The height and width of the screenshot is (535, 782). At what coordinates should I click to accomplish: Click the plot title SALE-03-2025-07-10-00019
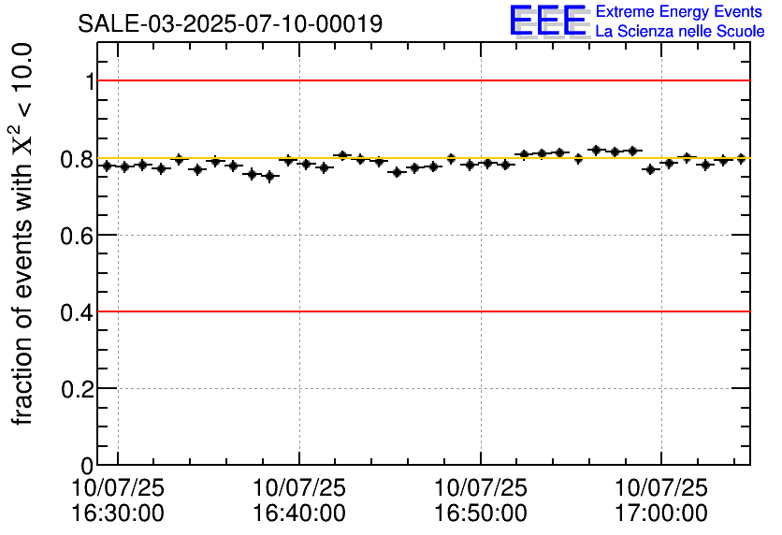click(x=230, y=24)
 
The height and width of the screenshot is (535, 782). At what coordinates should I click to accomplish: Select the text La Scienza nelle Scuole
click(x=680, y=31)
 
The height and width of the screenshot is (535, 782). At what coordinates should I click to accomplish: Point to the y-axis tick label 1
click(x=90, y=81)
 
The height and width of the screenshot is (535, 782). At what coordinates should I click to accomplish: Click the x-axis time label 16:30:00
click(x=118, y=513)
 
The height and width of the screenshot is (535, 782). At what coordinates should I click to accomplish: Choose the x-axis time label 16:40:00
click(x=299, y=513)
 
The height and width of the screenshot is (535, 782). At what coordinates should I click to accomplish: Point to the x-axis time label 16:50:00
click(x=481, y=513)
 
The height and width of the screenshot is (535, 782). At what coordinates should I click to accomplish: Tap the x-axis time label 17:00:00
click(x=661, y=513)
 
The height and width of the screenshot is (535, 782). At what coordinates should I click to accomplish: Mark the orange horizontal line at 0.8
click(x=421, y=158)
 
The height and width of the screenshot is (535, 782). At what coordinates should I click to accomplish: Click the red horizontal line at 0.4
click(x=421, y=311)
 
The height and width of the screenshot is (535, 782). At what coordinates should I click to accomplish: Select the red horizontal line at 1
click(x=421, y=80)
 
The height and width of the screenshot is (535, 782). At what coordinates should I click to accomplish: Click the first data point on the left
click(x=107, y=166)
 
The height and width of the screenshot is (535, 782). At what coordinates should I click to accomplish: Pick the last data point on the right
click(x=741, y=159)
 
